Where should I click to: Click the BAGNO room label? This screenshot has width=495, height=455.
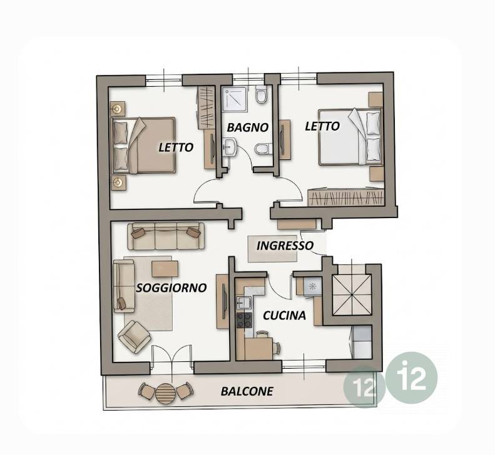[x=248, y=127]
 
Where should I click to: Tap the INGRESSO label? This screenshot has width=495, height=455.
[x=285, y=246]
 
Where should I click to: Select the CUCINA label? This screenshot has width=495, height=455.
[x=285, y=316]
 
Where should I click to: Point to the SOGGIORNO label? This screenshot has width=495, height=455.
[x=171, y=287]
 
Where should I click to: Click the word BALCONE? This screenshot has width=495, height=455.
[x=247, y=391]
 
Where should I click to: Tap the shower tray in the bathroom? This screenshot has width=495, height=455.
[x=235, y=99]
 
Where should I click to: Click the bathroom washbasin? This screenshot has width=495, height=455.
[x=230, y=147]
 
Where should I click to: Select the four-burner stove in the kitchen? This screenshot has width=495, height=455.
[x=245, y=321]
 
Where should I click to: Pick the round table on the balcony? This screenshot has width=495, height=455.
[x=165, y=393]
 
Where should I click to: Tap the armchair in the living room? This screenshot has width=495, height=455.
[x=135, y=336]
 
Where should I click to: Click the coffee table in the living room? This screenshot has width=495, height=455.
[x=165, y=269]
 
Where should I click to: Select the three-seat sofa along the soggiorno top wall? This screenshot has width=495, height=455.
[x=166, y=236]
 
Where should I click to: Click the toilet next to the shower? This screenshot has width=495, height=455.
[x=262, y=94]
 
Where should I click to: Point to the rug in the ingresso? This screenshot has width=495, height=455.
[x=272, y=249]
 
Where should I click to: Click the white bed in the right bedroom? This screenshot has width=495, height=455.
[x=350, y=137]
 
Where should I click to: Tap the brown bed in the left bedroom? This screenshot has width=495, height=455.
[x=143, y=146]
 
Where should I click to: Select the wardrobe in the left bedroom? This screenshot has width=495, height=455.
[x=206, y=108]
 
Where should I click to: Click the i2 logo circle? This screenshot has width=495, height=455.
[x=412, y=377]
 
